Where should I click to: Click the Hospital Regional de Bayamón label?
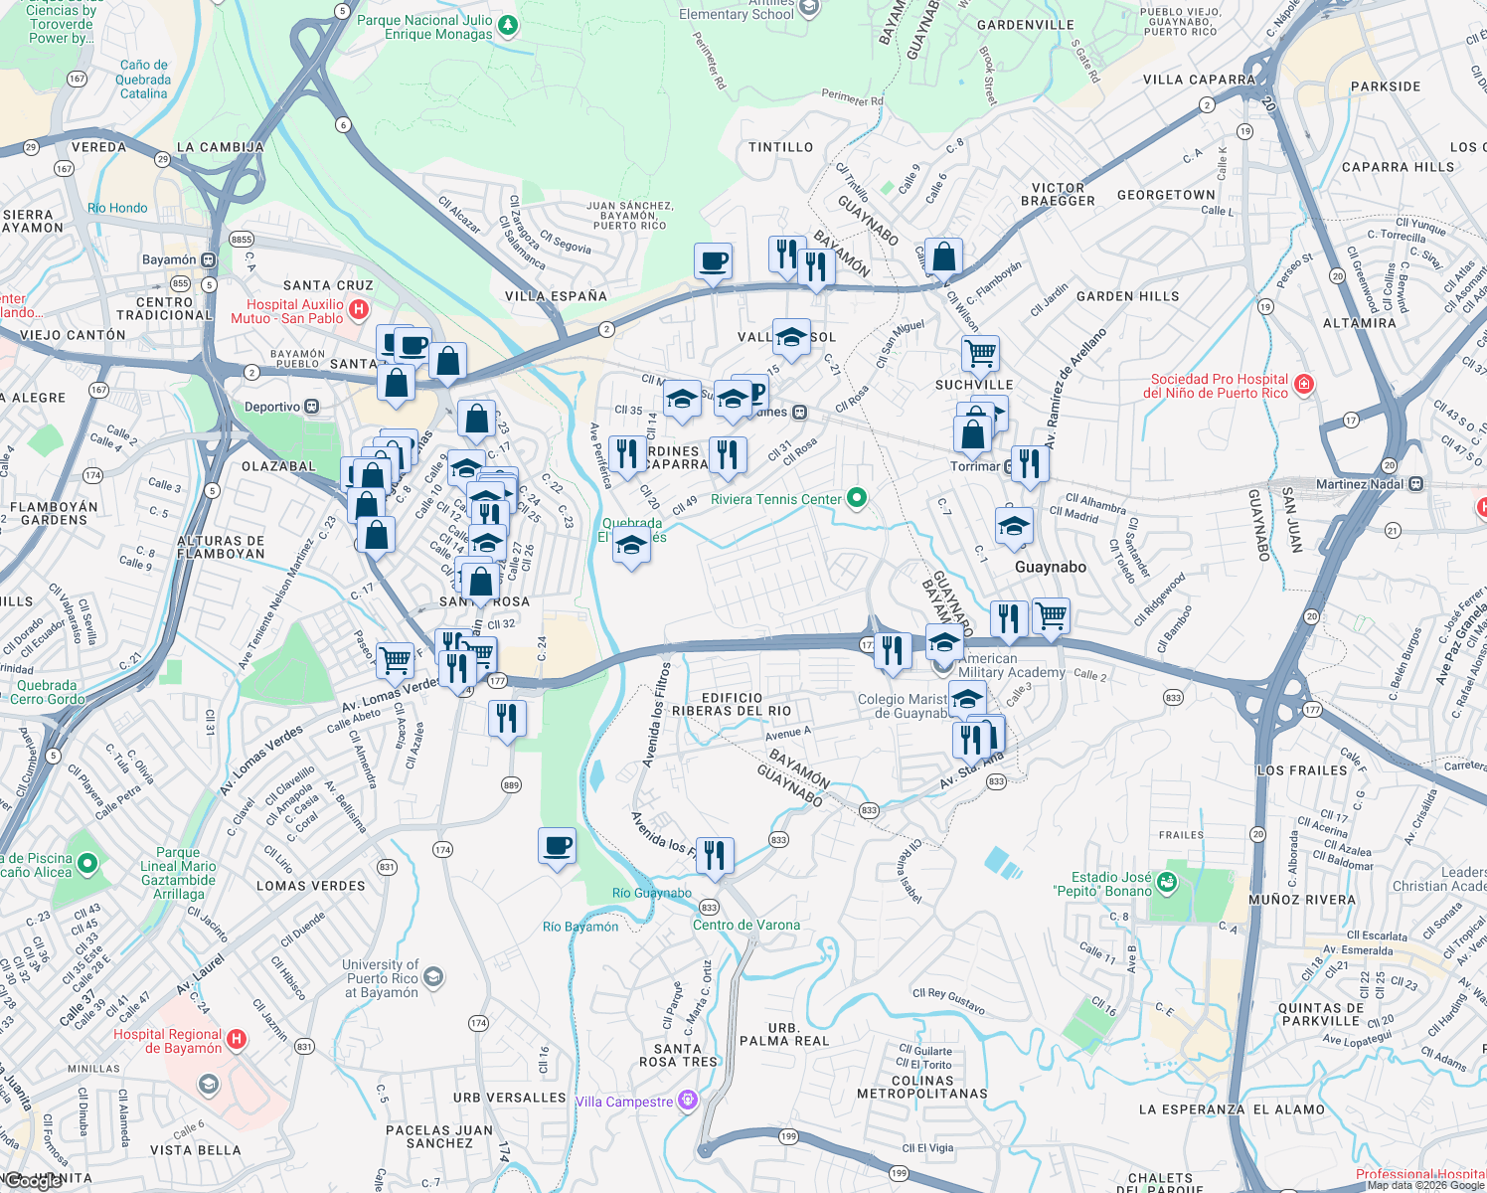pyautogui.click(x=167, y=1041)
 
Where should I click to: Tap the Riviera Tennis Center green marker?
pyautogui.click(x=857, y=498)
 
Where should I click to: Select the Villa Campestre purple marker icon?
pyautogui.click(x=687, y=1101)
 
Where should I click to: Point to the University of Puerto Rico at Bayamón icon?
pyautogui.click(x=433, y=978)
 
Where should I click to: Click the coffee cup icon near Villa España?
pyautogui.click(x=713, y=263)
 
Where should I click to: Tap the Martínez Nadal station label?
pyautogui.click(x=1360, y=484)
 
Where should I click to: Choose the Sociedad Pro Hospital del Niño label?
pyautogui.click(x=1219, y=386)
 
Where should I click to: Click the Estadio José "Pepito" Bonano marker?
pyautogui.click(x=1167, y=881)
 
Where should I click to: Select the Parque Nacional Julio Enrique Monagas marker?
pyautogui.click(x=508, y=25)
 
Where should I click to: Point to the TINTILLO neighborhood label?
pyautogui.click(x=780, y=147)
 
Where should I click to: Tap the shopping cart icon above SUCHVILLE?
pyautogui.click(x=980, y=353)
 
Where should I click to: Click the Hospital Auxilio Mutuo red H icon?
pyautogui.click(x=359, y=311)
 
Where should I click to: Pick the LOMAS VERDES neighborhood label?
pyautogui.click(x=310, y=886)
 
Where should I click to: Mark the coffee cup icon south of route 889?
pyautogui.click(x=557, y=846)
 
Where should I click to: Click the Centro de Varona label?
pyautogui.click(x=746, y=925)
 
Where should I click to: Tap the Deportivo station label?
pyautogui.click(x=272, y=407)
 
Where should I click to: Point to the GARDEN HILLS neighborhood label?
pyautogui.click(x=1127, y=296)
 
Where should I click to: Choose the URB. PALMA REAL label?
pyautogui.click(x=784, y=1034)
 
